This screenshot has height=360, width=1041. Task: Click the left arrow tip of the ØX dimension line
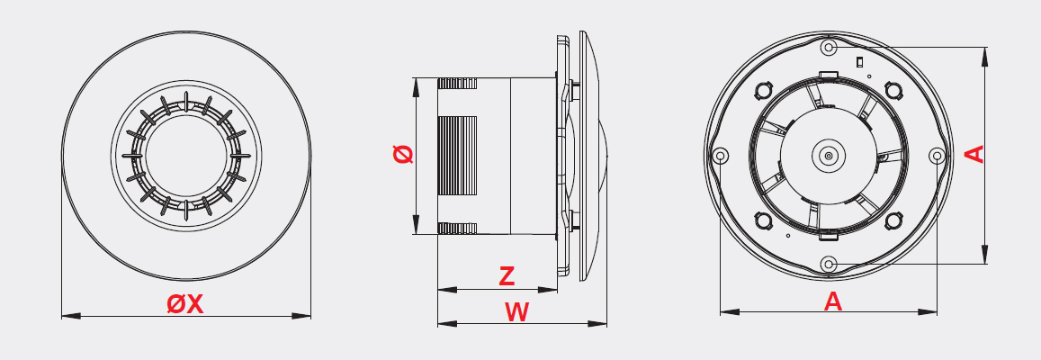point(62,316)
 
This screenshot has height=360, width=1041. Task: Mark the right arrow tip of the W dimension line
point(606,323)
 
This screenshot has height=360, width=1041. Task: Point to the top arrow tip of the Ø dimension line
point(417,78)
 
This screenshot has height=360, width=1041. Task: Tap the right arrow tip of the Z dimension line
point(557,290)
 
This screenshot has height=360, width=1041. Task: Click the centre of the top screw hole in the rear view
point(828,48)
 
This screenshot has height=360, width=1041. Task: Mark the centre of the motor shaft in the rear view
point(828,156)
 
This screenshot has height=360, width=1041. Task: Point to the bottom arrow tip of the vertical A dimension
point(984,264)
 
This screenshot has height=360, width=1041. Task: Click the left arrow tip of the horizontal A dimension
point(721,311)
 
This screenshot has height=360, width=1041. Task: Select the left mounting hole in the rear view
point(721,156)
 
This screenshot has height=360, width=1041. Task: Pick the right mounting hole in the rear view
point(936,156)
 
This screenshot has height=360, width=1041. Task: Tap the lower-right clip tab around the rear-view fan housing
point(893,220)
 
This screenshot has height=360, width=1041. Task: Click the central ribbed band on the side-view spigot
point(457,156)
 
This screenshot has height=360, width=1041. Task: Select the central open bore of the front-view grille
point(186,156)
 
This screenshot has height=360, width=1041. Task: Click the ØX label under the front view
point(185,304)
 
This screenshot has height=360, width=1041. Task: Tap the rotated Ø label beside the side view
point(403,154)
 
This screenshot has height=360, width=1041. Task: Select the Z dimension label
point(507,276)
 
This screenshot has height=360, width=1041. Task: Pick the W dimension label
point(516,312)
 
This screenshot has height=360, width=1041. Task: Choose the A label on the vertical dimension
point(974,154)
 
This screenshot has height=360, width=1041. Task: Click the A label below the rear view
point(832,301)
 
